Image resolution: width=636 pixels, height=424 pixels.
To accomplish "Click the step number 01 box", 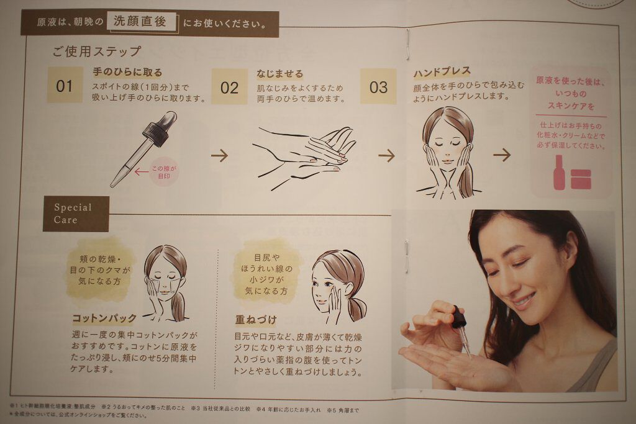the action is [x=65, y=85].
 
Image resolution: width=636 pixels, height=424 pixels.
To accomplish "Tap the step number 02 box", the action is [x=229, y=87].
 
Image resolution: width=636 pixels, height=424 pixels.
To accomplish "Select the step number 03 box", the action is [x=378, y=86].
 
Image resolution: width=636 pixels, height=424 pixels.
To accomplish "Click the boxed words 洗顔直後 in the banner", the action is [x=142, y=22].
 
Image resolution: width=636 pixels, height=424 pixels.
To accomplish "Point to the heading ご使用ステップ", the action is [x=96, y=52].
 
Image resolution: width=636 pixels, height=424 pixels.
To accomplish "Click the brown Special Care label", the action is [x=76, y=214].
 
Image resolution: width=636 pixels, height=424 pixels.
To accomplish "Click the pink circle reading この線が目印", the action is [x=164, y=172].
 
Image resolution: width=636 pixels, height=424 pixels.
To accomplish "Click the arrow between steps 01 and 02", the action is [x=219, y=155].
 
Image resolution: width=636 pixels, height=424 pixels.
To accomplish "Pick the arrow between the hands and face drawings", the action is [x=386, y=155].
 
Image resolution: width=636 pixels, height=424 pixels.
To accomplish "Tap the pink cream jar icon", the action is [x=581, y=179].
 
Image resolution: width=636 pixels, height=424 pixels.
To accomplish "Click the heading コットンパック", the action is [x=104, y=318].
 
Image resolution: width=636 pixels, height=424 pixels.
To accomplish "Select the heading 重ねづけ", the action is [x=256, y=320].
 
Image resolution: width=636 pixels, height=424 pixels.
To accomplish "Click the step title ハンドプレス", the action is [x=442, y=73].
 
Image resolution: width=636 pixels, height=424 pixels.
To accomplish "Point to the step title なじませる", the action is [x=280, y=74].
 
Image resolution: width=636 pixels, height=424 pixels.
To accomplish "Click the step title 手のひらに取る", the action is [x=127, y=72].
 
